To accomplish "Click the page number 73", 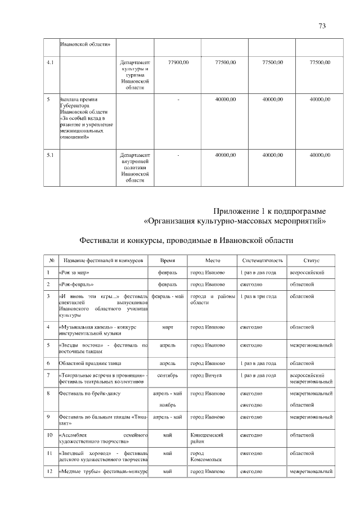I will [322, 26].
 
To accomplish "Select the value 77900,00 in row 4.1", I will [178, 62].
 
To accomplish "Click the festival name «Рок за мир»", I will [73, 273].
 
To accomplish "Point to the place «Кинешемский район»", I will [208, 438].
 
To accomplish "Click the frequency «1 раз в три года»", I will [258, 296].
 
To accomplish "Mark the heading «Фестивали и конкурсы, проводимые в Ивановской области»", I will [186, 241].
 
